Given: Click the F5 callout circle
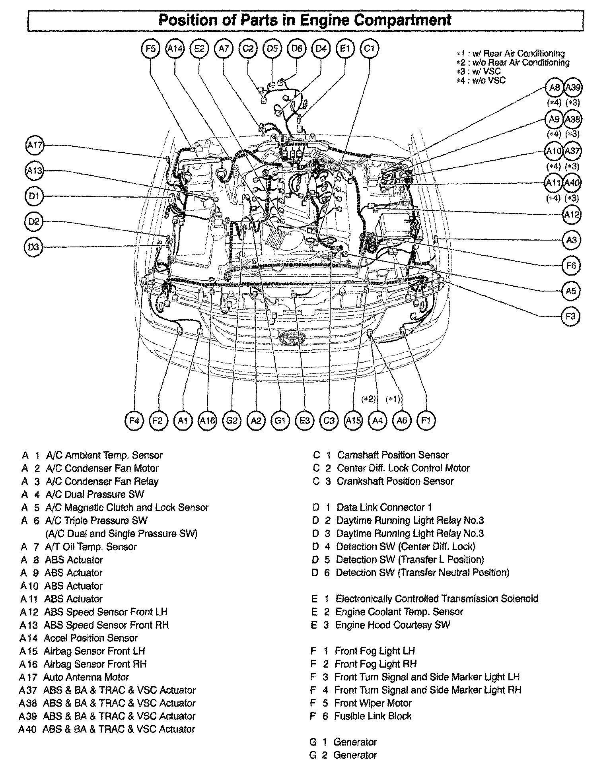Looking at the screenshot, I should [150, 49].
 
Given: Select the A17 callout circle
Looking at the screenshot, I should [35, 146].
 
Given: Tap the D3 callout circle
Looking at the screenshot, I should [34, 247].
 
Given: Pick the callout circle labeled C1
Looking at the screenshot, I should [369, 49].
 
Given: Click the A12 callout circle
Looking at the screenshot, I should [572, 214].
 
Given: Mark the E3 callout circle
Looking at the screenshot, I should [305, 420].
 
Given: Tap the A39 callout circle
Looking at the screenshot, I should [573, 87].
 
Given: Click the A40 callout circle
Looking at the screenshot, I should [572, 183].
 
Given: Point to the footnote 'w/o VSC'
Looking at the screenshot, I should [486, 80].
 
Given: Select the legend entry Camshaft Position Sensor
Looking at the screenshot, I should [393, 455].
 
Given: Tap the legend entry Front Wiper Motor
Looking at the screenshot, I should [373, 703].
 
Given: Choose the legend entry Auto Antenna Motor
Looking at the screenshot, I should [86, 677].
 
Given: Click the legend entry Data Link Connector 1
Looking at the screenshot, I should [384, 507].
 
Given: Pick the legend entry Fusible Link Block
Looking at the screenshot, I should [373, 716].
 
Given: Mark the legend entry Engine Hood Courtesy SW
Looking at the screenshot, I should [392, 625].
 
